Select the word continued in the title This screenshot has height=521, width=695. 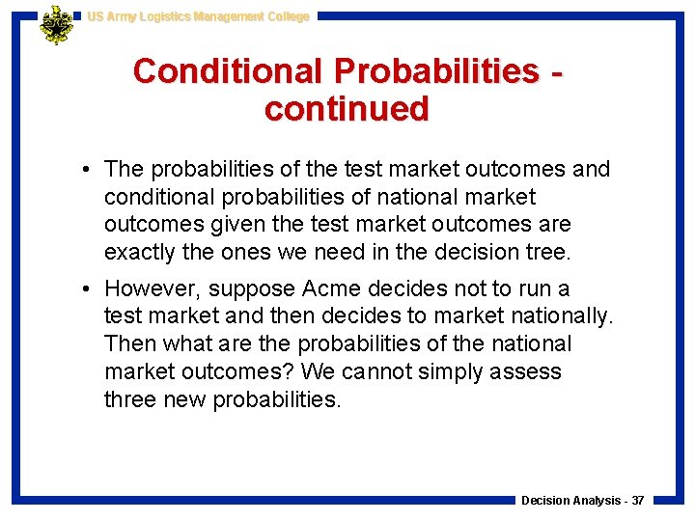(x=347, y=109)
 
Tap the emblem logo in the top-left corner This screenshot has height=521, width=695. (x=56, y=24)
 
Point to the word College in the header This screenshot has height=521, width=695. (x=286, y=16)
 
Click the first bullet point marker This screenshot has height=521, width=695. (x=87, y=170)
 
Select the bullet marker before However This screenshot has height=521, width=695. (x=87, y=288)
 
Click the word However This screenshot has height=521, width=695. (x=149, y=288)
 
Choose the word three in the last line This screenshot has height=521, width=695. (x=132, y=399)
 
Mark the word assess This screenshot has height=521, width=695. (x=529, y=371)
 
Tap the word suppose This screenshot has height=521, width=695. (x=256, y=288)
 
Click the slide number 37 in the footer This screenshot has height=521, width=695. (x=637, y=501)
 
